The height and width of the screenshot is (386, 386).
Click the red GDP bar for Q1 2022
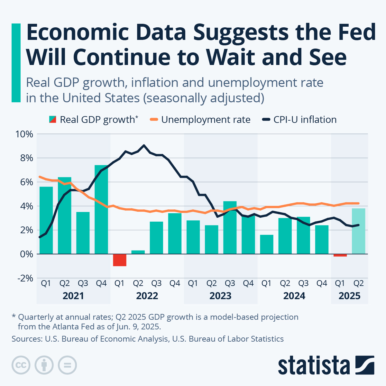coord(119,260)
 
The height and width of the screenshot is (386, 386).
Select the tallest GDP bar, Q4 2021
coord(101,209)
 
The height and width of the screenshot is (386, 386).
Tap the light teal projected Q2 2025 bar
coord(358,231)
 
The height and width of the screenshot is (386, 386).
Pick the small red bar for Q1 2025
coord(340,255)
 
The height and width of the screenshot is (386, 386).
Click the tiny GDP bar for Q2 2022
coord(138,252)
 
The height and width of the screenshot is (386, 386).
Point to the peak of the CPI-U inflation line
coord(144,145)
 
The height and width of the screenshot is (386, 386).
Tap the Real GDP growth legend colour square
coord(52,120)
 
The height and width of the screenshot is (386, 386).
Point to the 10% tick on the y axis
coord(24,134)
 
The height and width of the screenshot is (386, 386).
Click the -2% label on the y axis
coord(24,278)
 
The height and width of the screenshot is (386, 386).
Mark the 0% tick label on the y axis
coord(26,254)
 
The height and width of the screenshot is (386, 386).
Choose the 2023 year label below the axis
coord(221,296)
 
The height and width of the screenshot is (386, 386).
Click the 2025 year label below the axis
coord(349,296)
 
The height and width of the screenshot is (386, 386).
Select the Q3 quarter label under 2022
coord(156,283)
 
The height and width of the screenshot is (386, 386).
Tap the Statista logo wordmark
coord(314,365)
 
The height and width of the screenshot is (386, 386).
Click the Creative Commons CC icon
coord(21,365)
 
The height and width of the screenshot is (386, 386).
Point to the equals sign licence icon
coord(67,365)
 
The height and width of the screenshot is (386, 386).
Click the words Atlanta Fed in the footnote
coord(61,327)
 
